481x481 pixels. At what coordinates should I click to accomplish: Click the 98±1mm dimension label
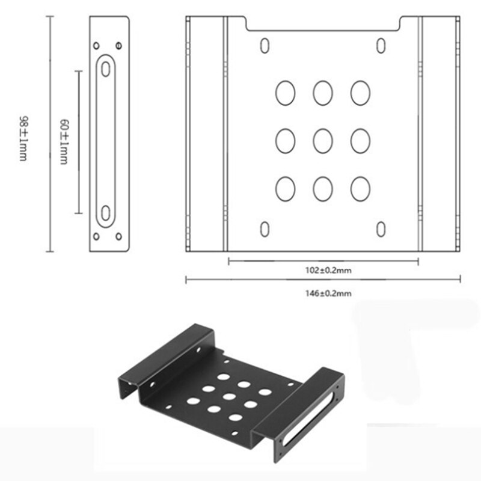[x=23, y=138]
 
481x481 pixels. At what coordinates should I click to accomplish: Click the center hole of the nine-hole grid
[x=323, y=141]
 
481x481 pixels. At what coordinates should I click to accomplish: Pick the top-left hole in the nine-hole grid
[x=285, y=93]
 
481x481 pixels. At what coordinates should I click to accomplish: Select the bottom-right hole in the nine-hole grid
[x=360, y=188]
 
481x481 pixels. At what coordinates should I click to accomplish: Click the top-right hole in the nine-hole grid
[x=360, y=93]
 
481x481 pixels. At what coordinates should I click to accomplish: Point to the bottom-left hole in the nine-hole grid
[x=285, y=188]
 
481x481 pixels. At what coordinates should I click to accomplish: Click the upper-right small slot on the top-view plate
[x=381, y=46]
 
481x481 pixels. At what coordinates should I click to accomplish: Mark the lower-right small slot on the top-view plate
[x=381, y=228]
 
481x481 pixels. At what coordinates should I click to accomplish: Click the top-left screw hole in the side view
[x=96, y=45]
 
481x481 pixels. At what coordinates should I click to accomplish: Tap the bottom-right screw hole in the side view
[x=118, y=236]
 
